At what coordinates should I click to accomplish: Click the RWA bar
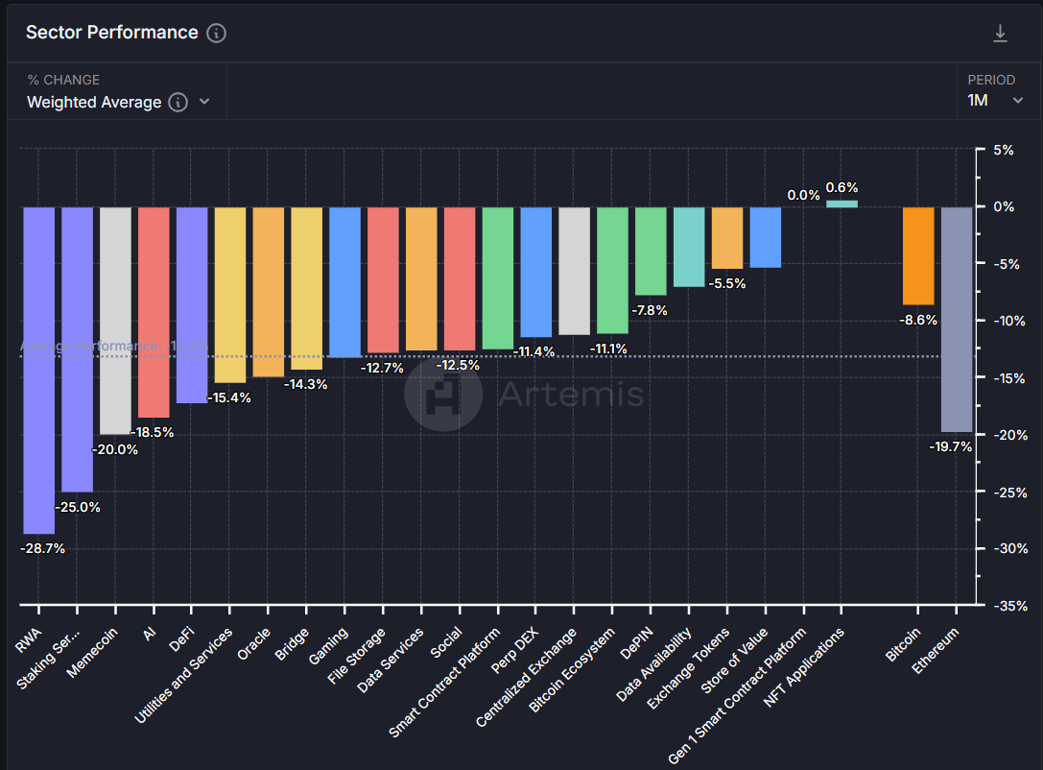(x=39, y=370)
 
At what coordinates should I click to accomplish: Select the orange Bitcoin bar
(x=918, y=255)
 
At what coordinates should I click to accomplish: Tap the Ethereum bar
(x=957, y=319)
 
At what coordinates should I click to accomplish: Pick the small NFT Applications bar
(x=842, y=204)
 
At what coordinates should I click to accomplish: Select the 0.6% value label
(x=842, y=187)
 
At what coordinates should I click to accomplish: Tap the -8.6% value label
(x=919, y=320)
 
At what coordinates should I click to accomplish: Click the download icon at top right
(x=1000, y=34)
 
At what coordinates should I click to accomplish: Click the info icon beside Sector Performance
(x=217, y=33)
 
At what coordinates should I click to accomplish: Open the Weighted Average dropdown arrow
(x=203, y=102)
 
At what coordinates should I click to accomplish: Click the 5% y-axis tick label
(x=1003, y=150)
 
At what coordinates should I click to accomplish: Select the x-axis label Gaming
(x=329, y=646)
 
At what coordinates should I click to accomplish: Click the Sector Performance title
(x=111, y=33)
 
